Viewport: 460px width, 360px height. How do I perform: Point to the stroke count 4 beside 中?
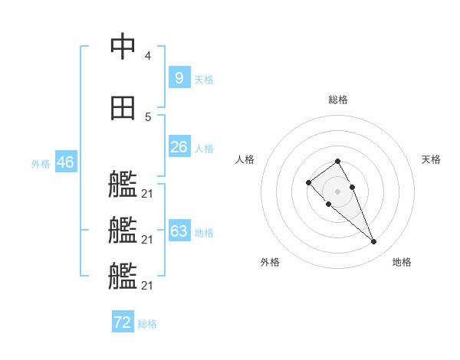point(147,56)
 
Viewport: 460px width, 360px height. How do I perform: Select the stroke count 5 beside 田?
point(147,116)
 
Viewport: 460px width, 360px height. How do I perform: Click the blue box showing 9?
point(179,77)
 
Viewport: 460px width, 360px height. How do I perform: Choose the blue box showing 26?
point(179,147)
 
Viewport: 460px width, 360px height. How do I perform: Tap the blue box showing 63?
point(179,231)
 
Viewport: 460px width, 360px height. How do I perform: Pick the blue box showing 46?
point(65,162)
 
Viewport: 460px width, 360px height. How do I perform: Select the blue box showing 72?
point(123,322)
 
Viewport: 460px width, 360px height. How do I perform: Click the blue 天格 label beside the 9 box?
point(203,79)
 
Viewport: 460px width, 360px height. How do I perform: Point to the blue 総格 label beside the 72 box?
point(147,324)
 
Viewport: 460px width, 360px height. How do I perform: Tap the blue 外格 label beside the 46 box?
point(41,163)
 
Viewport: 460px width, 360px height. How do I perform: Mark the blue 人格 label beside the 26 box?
point(203,149)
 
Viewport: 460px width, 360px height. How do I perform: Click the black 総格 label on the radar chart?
point(338,100)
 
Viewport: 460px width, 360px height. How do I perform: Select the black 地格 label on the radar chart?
point(402,262)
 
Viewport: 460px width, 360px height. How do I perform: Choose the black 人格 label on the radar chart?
point(245,159)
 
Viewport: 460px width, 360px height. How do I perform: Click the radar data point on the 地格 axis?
point(373,242)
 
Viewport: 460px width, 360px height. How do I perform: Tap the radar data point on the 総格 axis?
point(337,161)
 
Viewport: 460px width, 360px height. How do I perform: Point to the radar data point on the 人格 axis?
point(308,182)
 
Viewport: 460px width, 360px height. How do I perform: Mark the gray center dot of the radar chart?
point(337,191)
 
